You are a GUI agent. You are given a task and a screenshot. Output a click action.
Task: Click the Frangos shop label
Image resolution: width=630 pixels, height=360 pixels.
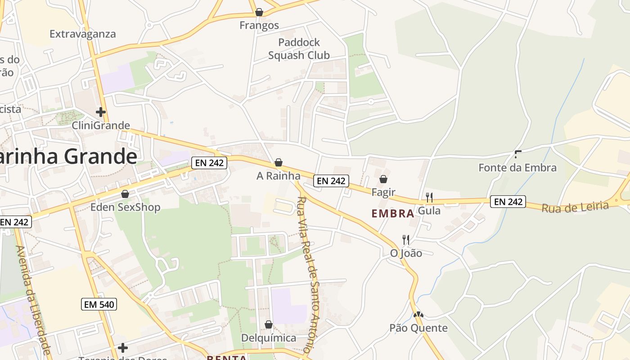[259, 25]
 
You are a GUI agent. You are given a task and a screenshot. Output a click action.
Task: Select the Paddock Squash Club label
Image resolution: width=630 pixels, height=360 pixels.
[299, 49]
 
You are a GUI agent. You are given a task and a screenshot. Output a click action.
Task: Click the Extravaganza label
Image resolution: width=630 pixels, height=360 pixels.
[83, 34]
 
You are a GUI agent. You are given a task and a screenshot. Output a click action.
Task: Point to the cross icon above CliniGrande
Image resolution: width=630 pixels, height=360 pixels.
[101, 112]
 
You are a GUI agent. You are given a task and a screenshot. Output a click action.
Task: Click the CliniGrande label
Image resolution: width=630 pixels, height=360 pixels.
[101, 126]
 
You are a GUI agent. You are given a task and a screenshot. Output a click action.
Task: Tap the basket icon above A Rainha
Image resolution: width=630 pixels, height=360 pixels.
[279, 162]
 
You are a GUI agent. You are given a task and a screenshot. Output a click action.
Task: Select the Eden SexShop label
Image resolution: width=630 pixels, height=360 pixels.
[126, 207]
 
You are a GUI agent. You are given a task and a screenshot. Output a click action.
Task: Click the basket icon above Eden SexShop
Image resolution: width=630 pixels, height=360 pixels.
[125, 194]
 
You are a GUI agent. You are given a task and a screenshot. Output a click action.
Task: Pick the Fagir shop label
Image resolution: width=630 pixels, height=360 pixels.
[383, 192]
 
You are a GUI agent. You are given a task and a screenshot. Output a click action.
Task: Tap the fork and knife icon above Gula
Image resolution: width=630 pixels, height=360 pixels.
[429, 197]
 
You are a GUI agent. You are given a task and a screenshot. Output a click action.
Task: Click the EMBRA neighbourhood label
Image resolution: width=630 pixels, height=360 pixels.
[393, 214]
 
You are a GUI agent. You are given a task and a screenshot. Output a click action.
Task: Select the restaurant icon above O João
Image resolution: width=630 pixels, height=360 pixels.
[406, 239]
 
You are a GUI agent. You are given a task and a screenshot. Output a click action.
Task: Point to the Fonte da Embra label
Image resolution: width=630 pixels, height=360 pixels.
[517, 168]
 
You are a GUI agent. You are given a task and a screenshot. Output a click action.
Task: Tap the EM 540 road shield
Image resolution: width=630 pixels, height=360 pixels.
[99, 304]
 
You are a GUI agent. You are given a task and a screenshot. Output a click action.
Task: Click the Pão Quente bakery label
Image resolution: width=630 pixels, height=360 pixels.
[418, 328]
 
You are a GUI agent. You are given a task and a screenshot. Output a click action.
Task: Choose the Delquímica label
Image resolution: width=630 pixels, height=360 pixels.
[269, 338]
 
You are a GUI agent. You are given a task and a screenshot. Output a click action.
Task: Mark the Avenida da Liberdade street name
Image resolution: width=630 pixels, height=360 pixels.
[34, 299]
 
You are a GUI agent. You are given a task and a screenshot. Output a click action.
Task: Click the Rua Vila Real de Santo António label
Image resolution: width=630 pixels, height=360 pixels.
[309, 274]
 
